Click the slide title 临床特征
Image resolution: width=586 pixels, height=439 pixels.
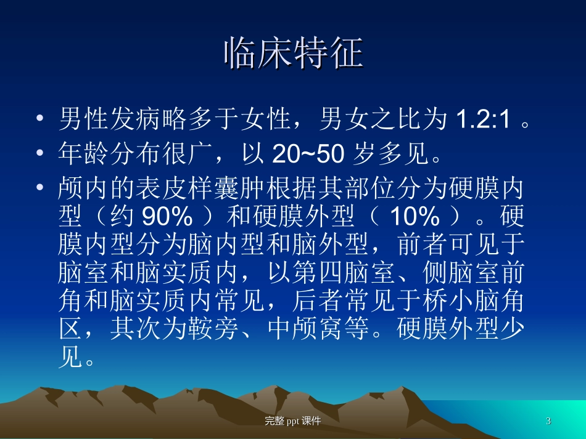[293, 53]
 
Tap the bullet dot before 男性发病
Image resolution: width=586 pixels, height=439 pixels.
[40, 119]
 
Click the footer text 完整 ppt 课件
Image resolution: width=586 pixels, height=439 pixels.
[292, 421]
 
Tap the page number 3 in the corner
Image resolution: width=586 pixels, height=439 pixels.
[548, 421]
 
